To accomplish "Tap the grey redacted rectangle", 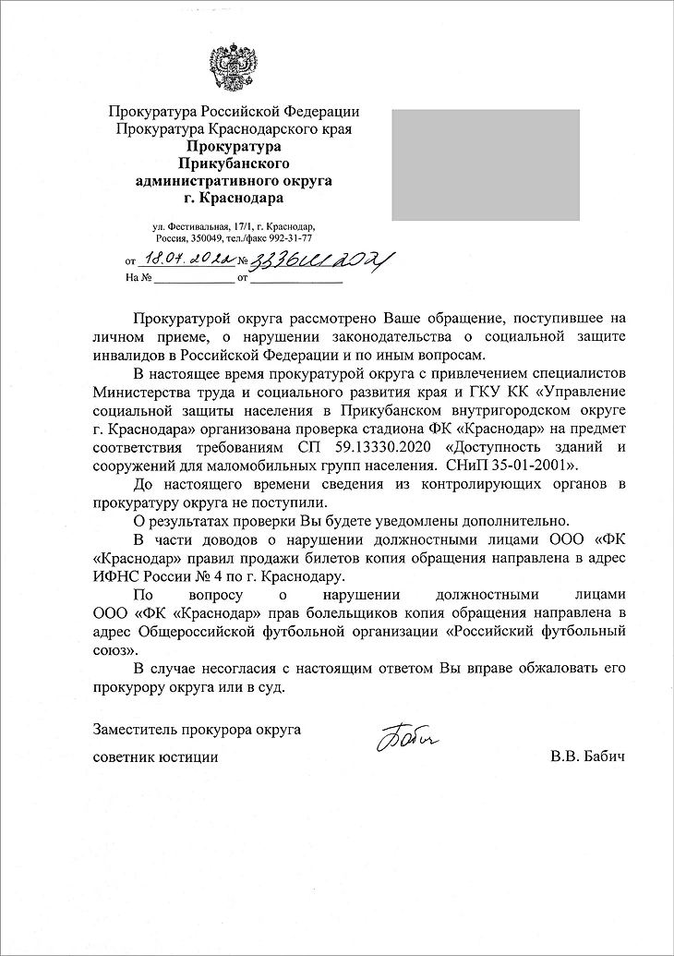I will (486, 165).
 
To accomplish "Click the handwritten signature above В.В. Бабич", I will (407, 735).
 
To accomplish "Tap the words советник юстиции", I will (156, 758).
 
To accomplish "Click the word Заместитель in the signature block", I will (135, 730).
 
